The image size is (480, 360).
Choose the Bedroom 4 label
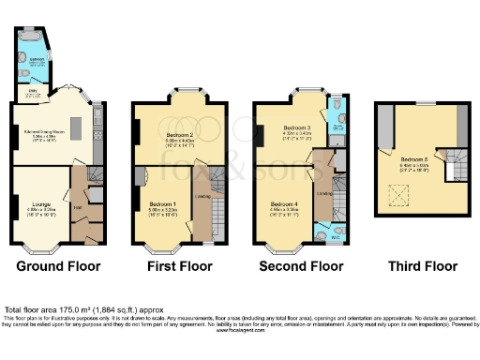point(285,203)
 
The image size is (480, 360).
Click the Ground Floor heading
point(58,266)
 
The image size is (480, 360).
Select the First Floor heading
point(178,266)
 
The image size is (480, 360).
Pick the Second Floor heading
point(301,266)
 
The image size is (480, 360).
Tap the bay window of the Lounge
point(39,247)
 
